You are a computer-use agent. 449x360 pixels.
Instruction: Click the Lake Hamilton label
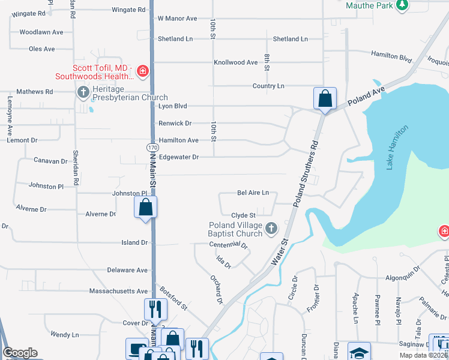397,147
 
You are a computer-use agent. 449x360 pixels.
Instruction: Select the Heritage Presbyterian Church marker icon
83,92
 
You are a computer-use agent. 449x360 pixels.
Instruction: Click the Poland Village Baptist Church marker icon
271,228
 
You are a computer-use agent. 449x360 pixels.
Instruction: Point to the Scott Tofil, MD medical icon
143,72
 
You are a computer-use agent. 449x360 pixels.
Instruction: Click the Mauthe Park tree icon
403,5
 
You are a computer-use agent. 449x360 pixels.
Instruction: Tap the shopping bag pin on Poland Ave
325,98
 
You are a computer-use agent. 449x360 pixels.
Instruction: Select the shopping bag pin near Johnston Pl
146,208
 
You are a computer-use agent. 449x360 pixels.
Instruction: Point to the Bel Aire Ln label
253,193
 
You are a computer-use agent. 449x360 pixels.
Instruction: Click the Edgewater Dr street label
178,157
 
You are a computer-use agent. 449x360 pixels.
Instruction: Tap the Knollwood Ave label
236,62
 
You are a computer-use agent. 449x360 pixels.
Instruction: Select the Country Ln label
268,86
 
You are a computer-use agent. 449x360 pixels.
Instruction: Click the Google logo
20,353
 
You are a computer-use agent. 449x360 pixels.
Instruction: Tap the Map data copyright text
424,355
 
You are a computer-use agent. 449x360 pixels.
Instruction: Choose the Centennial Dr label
228,245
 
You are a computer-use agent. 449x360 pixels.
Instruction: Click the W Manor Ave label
177,19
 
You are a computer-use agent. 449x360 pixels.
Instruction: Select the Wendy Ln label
64,334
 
